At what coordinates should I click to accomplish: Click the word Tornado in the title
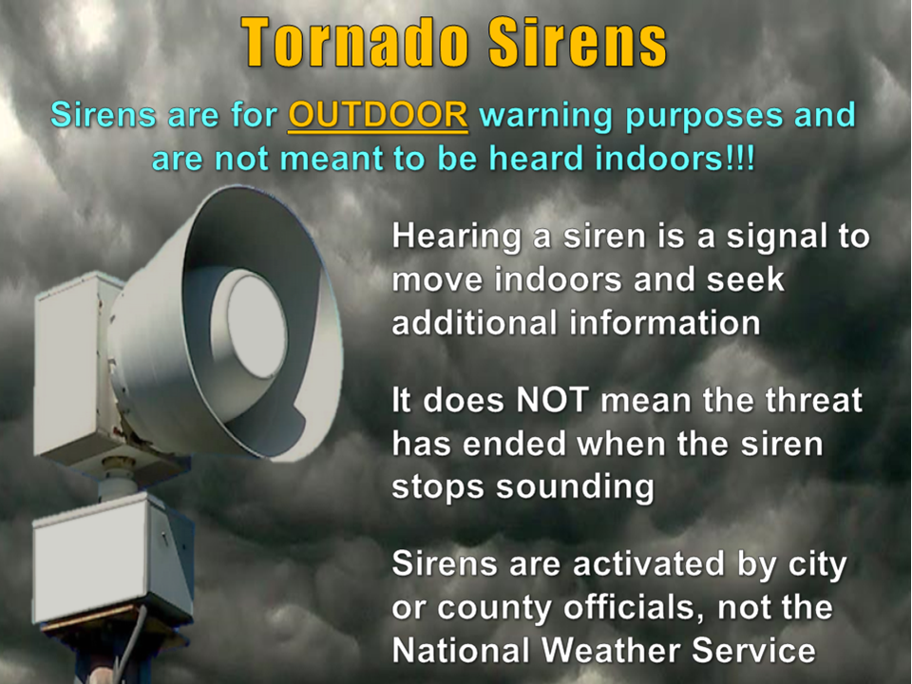[x=355, y=42]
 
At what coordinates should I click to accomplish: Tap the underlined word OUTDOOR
[x=378, y=115]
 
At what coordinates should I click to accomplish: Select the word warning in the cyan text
[x=546, y=116]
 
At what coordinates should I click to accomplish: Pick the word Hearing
[x=456, y=238]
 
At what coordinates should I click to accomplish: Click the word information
[x=665, y=322]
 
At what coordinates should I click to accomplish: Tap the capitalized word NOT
[x=553, y=400]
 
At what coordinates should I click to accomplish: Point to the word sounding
[x=575, y=487]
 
